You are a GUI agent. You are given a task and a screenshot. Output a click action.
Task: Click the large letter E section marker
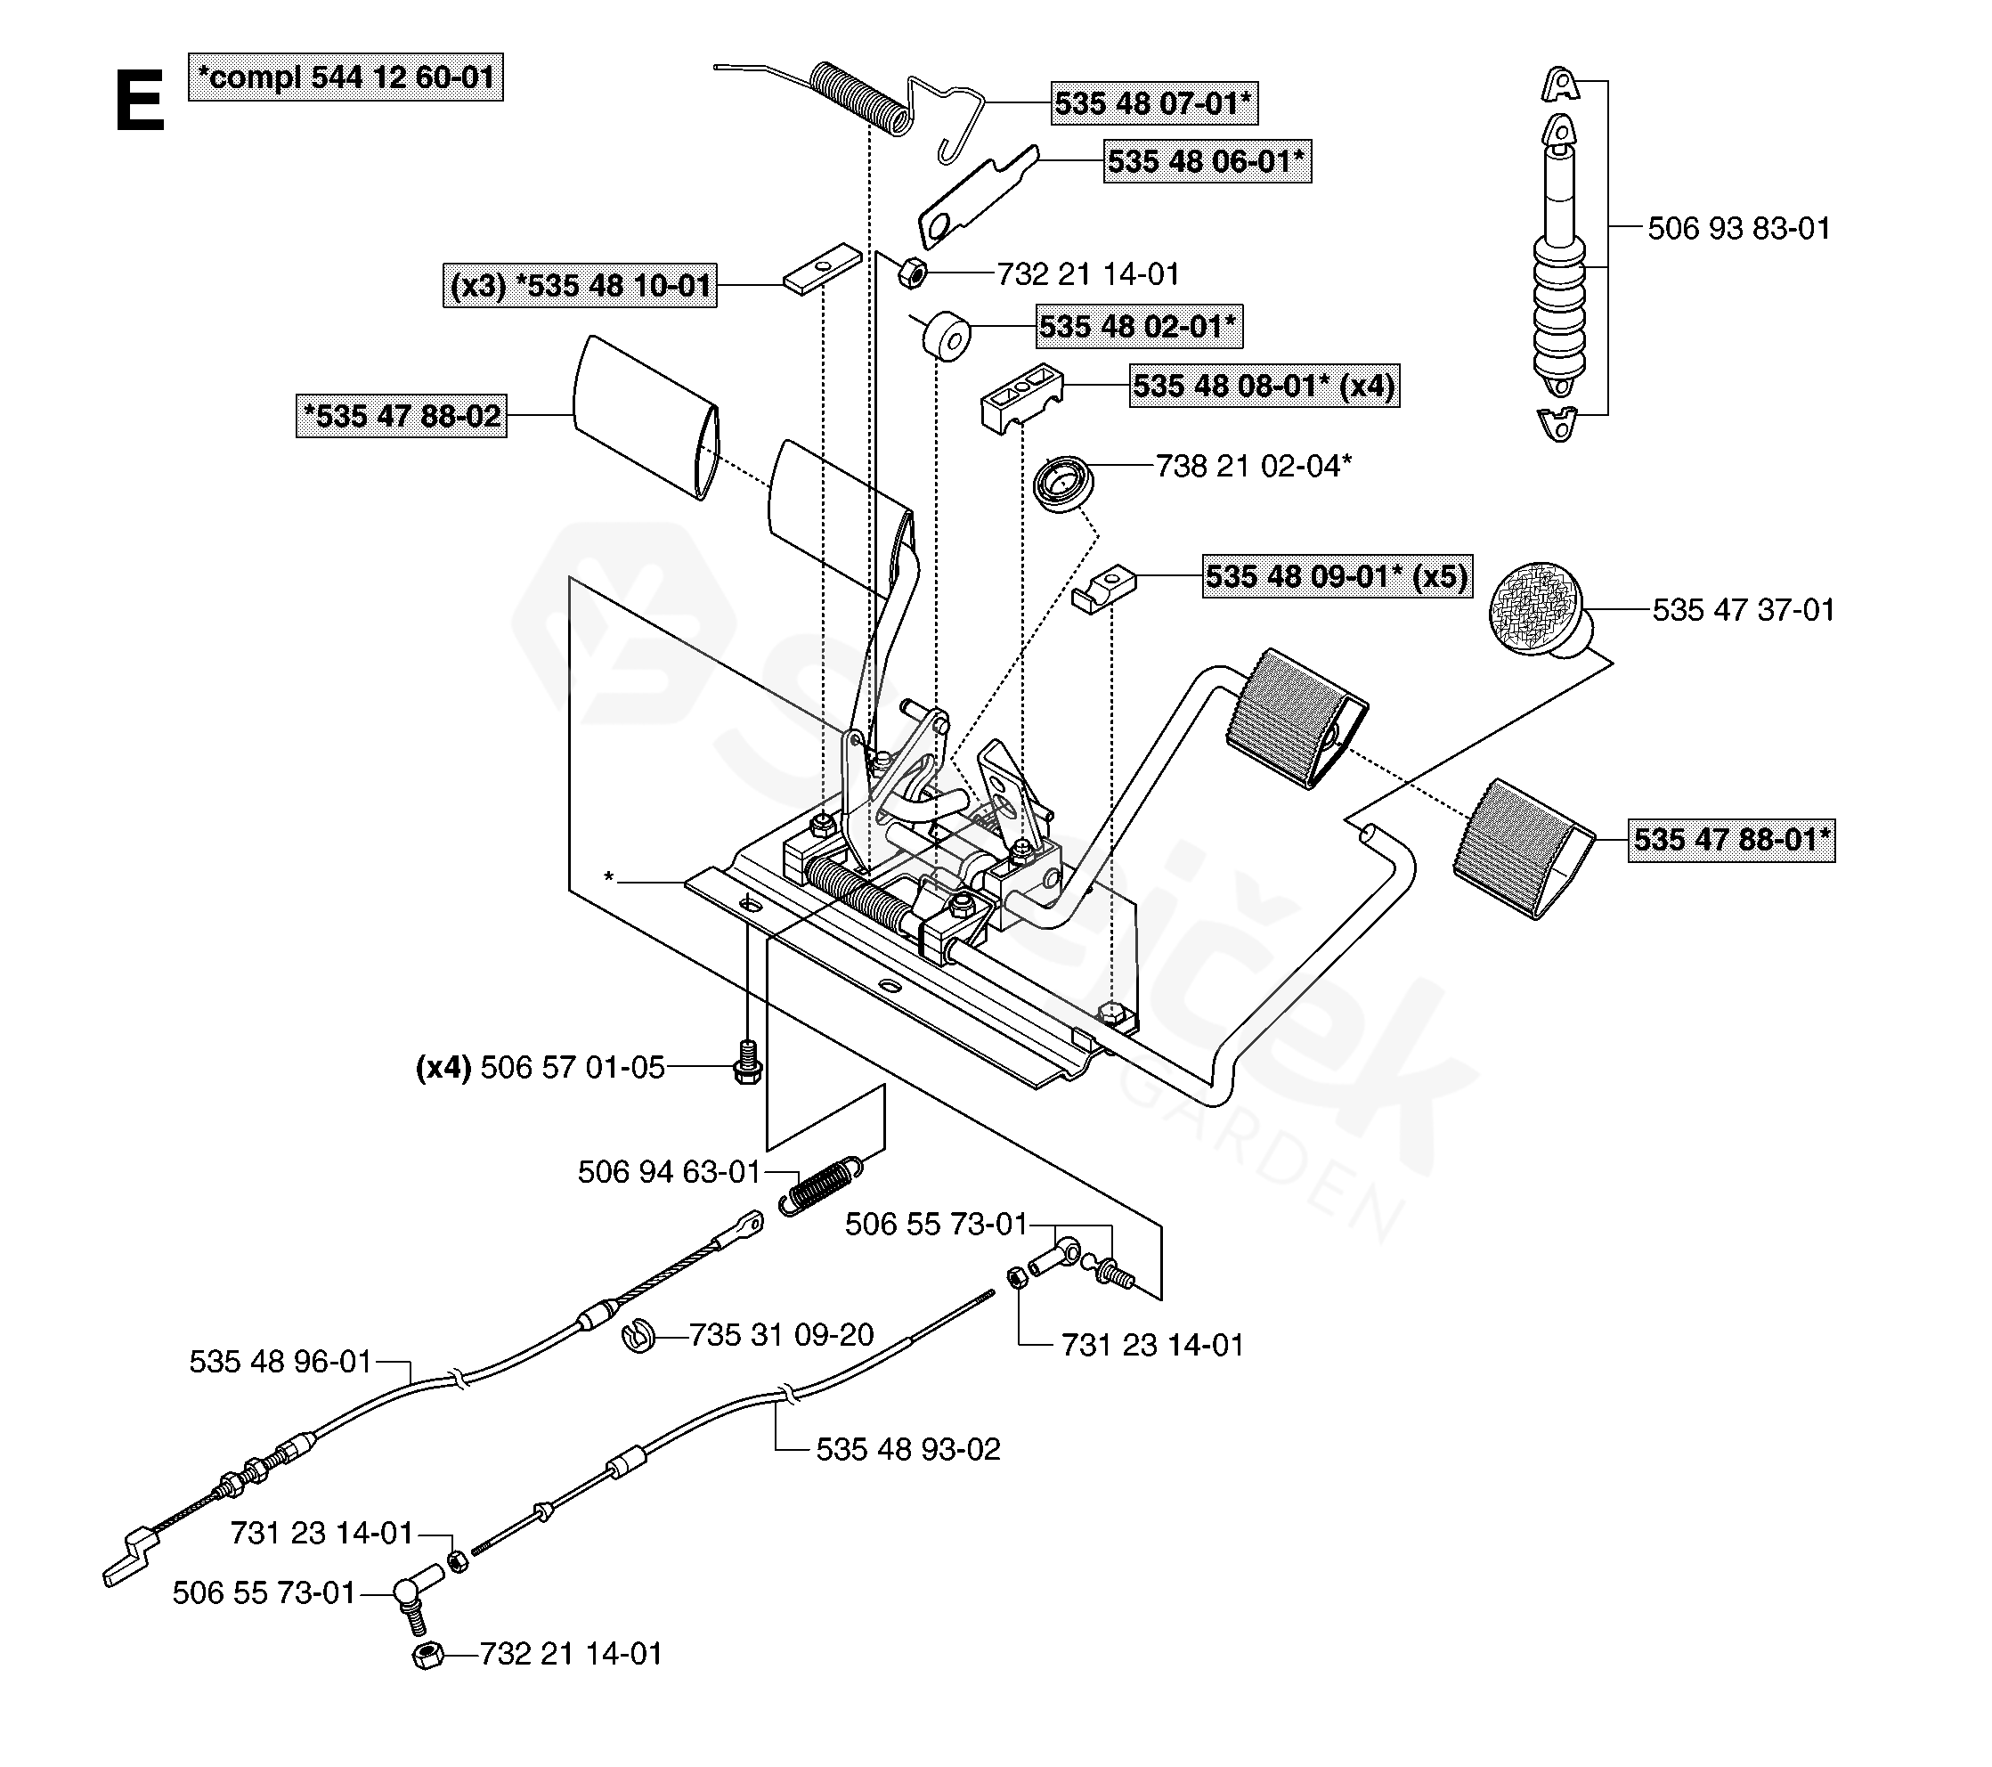pos(140,102)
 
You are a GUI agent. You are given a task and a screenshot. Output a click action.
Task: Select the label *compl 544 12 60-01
pos(346,77)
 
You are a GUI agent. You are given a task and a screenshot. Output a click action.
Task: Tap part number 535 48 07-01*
pos(1155,102)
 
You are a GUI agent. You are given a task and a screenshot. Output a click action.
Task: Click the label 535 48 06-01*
pos(1207,161)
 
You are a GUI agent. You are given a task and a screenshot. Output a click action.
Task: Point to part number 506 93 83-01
pos(1738,228)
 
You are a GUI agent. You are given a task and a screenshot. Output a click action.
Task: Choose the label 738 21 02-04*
pos(1253,466)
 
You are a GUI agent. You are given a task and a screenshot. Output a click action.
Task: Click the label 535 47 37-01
pos(1744,610)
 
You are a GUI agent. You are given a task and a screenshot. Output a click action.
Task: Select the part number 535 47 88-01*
pos(1731,839)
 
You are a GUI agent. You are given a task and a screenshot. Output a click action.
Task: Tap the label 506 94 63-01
pos(669,1171)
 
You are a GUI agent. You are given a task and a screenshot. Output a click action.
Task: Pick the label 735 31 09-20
pos(782,1334)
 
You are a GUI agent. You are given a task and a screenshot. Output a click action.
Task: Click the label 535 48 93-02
pos(908,1449)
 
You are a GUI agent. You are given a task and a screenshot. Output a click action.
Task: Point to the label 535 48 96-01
pos(281,1362)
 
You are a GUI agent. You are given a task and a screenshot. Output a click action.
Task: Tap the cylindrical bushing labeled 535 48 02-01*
pos(947,338)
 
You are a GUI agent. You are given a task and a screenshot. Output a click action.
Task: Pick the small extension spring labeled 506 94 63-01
pos(819,1187)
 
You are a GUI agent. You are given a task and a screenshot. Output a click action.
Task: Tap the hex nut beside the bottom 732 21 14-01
pos(427,1656)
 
